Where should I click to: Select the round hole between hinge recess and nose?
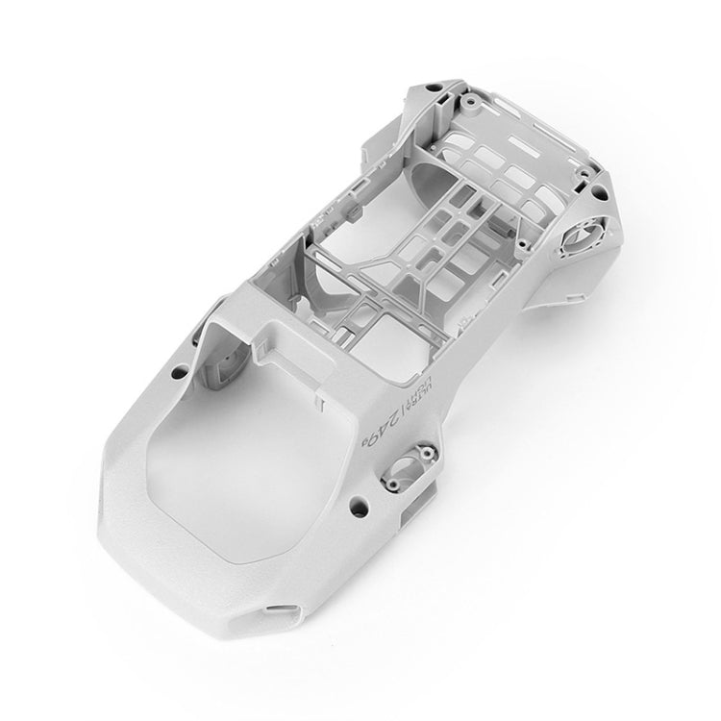[x=359, y=502]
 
